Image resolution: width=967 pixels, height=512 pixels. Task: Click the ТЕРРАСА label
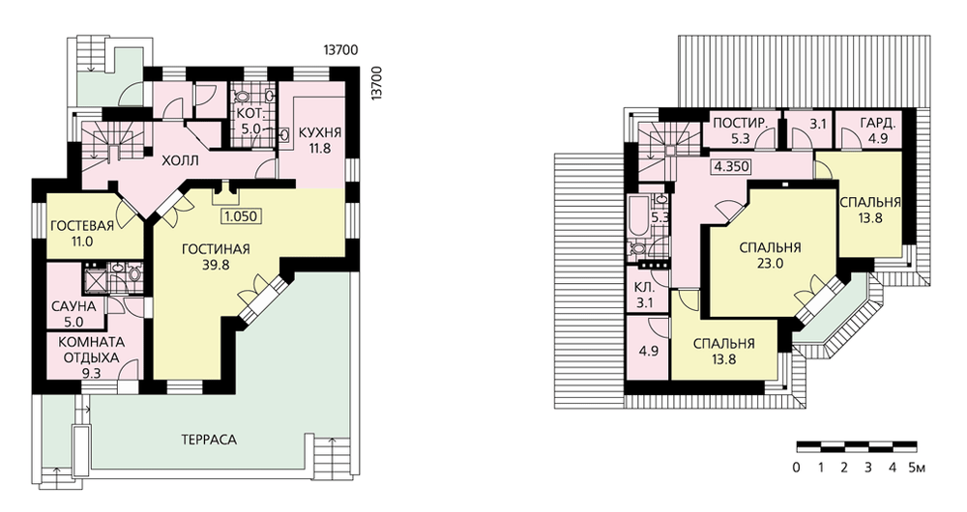[209, 440]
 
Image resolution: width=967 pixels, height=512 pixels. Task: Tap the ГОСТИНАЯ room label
[216, 249]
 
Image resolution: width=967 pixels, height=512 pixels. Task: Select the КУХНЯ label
[319, 132]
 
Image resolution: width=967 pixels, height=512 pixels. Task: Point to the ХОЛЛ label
[180, 161]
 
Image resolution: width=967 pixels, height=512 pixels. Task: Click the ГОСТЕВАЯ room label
[82, 225]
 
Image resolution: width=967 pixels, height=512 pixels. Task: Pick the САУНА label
[73, 306]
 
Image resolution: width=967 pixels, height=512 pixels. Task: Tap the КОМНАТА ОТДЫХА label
[91, 350]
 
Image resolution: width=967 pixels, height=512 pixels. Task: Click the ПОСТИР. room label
[740, 123]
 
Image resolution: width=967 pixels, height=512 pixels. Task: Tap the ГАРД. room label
[878, 123]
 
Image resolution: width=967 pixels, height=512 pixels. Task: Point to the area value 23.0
[771, 263]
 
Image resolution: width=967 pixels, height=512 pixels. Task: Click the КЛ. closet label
[644, 287]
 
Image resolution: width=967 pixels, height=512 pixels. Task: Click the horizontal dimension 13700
[340, 50]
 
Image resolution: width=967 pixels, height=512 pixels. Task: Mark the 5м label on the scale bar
[917, 468]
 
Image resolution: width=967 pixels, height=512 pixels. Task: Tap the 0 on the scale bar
[797, 468]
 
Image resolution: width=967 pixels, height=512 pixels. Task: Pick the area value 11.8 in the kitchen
[319, 148]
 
